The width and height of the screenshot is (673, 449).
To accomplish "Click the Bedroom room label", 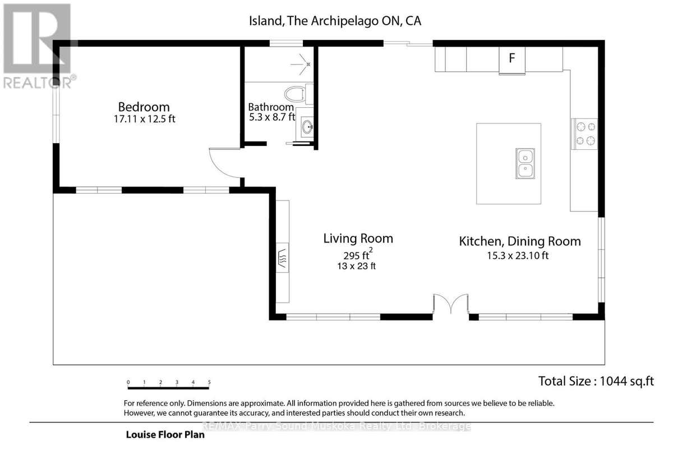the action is [144, 107].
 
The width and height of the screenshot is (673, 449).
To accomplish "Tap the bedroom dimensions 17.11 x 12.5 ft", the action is [144, 119].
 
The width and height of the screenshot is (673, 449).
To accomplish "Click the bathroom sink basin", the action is [307, 127].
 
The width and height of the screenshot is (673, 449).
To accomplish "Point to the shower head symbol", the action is [302, 64].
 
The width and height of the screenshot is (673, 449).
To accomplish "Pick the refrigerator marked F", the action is [512, 60].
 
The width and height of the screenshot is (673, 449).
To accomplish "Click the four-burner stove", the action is [584, 134].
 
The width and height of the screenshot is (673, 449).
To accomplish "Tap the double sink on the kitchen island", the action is [525, 163].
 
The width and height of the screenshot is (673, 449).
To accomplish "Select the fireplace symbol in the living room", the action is [283, 258].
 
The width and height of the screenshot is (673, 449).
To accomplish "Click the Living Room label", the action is [358, 239].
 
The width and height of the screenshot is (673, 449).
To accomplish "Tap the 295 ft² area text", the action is [358, 254].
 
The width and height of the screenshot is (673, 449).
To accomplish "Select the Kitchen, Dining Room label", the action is [520, 241].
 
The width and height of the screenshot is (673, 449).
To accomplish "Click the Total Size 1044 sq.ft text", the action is [596, 381].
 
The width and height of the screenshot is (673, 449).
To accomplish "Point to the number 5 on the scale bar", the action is [209, 382].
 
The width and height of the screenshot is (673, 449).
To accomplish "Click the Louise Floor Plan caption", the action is [165, 434].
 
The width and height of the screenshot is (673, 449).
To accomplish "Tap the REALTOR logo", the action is [39, 47].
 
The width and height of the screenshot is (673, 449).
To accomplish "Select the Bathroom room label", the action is [271, 107].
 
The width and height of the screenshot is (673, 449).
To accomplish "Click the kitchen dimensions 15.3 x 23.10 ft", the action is [518, 255].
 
